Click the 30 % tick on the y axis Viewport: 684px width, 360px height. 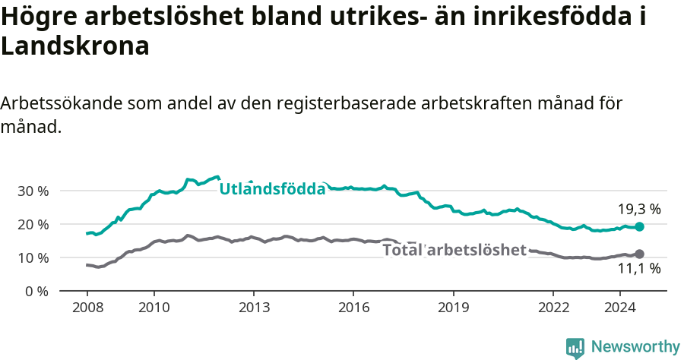32,191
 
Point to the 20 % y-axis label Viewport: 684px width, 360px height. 32,224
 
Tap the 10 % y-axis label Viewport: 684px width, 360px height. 32,257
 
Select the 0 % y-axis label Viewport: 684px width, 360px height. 36,291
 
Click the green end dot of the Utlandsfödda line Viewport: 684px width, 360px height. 639,226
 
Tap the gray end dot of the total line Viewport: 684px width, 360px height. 639,254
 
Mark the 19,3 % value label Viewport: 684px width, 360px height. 639,209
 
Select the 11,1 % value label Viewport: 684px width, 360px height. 639,268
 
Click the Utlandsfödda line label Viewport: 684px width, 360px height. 272,188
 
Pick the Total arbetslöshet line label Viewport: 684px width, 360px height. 454,250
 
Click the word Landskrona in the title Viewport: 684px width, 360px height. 74,46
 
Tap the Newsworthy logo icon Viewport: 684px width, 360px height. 575,348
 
